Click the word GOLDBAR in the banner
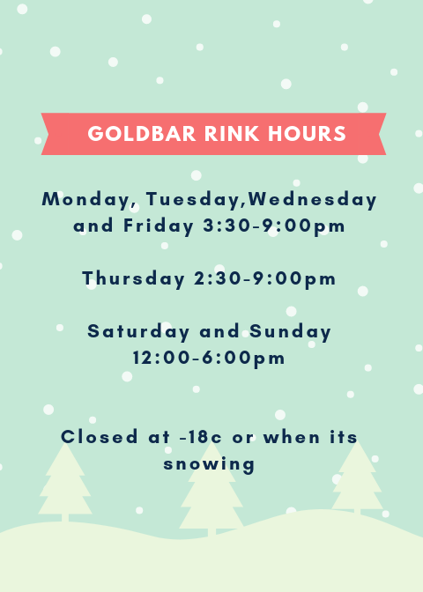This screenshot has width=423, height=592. coord(142,134)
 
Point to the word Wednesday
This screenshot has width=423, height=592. coord(312,200)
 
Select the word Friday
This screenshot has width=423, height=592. coord(159,226)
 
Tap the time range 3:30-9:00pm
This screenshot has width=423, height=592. coord(274,226)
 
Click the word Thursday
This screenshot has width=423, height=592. coord(134,279)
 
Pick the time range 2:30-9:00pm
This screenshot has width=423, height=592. coord(264,279)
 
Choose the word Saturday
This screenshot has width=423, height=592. coord(138,332)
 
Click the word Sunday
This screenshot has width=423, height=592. coord(290,332)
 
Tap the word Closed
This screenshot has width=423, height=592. coord(100,437)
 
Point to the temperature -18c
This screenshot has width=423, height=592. coord(201,437)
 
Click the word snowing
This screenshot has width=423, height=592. coord(209,464)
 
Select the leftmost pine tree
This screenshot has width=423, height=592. coord(65,484)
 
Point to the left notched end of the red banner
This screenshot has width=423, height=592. coord(48,134)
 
